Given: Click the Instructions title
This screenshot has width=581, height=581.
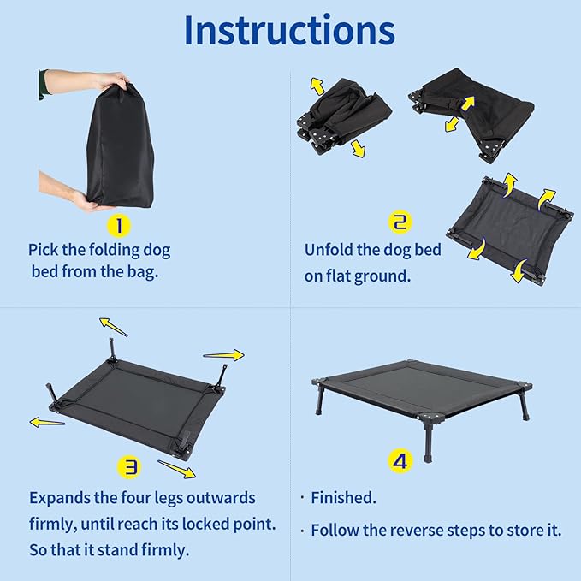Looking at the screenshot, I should (x=289, y=31).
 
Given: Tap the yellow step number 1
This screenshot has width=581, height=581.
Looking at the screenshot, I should (x=120, y=225).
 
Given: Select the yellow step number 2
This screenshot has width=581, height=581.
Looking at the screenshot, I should (x=400, y=222).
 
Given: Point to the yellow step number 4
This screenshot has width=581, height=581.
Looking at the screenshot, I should (x=400, y=462).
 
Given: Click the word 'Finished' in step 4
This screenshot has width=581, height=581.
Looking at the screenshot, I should (x=343, y=498).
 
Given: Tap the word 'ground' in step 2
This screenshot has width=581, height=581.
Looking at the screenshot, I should (x=386, y=276).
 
